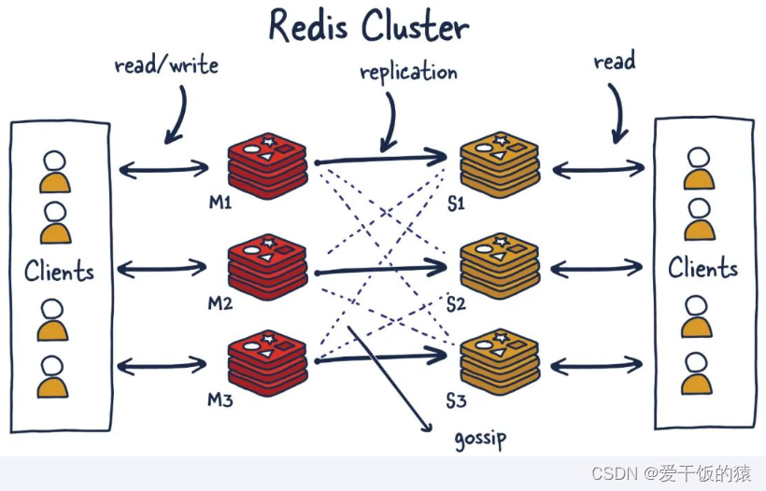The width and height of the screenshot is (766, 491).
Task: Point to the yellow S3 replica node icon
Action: pyautogui.click(x=500, y=359)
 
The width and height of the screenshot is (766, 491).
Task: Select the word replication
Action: pyautogui.click(x=408, y=72)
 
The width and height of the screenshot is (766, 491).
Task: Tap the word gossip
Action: pyautogui.click(x=480, y=437)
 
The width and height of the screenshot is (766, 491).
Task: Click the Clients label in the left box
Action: pyautogui.click(x=59, y=272)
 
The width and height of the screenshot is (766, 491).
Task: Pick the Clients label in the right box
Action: pyautogui.click(x=702, y=269)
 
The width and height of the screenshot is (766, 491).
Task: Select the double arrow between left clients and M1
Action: pyautogui.click(x=164, y=169)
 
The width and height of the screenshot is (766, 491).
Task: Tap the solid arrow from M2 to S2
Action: pyautogui.click(x=381, y=271)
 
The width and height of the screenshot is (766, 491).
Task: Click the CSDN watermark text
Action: pyautogui.click(x=671, y=474)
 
